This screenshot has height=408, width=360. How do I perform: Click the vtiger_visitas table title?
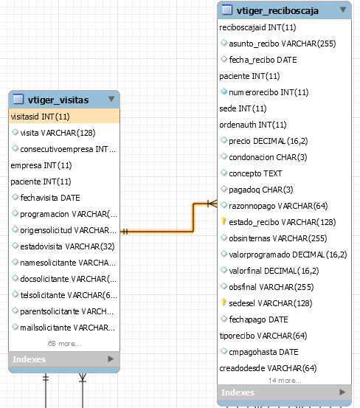tap(58, 100)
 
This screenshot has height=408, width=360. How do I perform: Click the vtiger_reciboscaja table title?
tap(277, 10)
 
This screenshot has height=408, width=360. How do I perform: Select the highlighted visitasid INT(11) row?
tap(64, 117)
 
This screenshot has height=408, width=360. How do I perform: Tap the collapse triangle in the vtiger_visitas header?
tap(111, 99)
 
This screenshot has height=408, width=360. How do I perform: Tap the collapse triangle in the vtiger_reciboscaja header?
tap(343, 10)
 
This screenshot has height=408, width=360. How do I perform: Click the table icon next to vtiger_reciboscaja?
tap(227, 10)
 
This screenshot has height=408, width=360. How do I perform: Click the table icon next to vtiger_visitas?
tap(18, 99)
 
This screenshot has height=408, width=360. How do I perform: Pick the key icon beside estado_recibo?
tap(224, 221)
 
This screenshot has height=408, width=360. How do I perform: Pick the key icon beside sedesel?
tap(224, 302)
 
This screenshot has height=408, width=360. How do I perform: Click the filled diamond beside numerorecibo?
tap(224, 91)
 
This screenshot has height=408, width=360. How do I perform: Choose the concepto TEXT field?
tap(255, 173)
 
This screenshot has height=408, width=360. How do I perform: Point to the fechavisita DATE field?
tap(50, 198)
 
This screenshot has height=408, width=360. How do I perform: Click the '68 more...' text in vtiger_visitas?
tap(64, 344)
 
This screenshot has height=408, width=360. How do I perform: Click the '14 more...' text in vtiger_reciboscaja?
tap(285, 381)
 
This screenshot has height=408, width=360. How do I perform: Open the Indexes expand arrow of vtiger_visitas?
tap(111, 359)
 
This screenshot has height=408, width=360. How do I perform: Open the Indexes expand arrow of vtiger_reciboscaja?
tap(342, 392)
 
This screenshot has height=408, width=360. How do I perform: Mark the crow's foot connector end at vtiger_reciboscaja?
tap(212, 204)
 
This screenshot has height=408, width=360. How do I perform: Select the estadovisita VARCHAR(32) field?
tap(67, 246)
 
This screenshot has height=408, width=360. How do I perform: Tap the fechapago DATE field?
tap(258, 319)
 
